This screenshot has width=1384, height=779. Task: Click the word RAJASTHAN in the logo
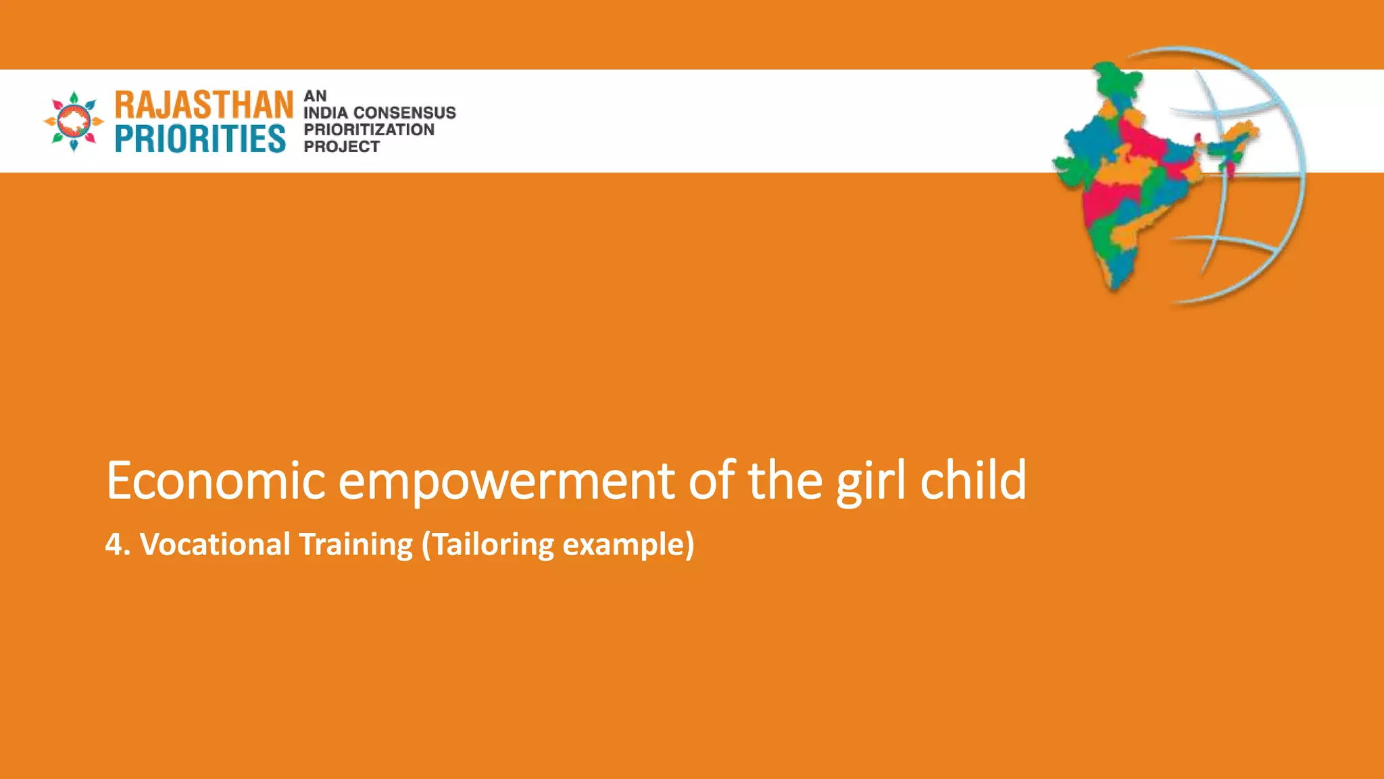204,105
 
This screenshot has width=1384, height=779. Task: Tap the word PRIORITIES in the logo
200,139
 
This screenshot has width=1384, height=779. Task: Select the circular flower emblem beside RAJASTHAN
74,122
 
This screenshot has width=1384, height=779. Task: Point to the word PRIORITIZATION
369,130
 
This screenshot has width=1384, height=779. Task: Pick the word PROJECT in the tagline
341,147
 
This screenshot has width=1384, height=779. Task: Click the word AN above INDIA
315,96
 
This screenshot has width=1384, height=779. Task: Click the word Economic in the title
216,481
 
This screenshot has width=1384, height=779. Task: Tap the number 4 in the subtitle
114,544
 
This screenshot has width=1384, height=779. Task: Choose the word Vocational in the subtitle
215,544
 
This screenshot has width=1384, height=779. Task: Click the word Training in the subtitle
355,545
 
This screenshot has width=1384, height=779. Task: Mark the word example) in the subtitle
628,545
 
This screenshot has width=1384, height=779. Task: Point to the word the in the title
785,480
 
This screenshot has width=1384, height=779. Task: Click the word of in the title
712,480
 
